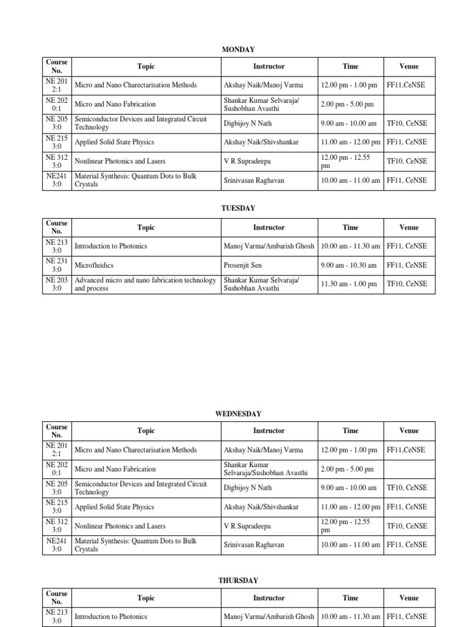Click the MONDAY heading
[x=238, y=50]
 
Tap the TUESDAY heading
[x=238, y=208]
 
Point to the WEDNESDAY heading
[x=238, y=414]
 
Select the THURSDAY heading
[x=238, y=580]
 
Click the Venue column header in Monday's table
[x=409, y=66]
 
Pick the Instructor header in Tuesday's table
[x=269, y=228]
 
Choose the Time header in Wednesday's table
[x=350, y=431]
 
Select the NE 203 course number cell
[x=56, y=284]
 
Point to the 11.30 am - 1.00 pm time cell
[x=349, y=284]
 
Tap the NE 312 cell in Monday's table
[x=56, y=161]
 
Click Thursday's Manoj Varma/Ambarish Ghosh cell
[x=269, y=617]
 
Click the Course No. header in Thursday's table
[x=56, y=598]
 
